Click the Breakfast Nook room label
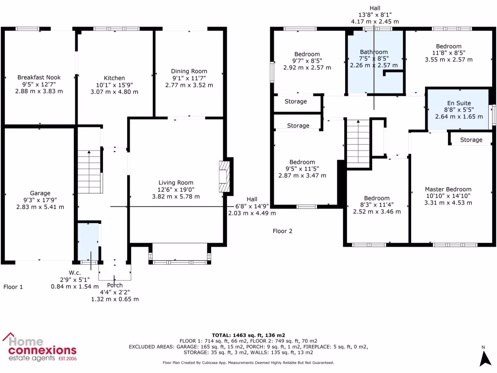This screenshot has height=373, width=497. tap(40, 78)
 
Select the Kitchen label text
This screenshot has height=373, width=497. tap(115, 78)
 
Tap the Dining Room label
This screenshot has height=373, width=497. tap(189, 71)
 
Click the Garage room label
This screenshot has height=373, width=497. tap(40, 193)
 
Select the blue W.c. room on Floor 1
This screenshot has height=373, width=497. tap(88, 241)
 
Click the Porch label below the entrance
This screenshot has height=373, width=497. tap(115, 285)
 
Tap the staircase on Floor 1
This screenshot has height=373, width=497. tap(90, 172)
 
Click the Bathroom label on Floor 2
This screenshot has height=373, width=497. tap(374, 52)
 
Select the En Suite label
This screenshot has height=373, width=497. tap(459, 103)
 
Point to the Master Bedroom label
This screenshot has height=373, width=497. tap(448, 189)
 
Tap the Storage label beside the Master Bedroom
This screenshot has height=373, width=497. tap(471, 140)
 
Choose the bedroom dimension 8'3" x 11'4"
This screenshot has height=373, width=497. tap(377, 205)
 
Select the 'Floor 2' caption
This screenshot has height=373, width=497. tap(282, 231)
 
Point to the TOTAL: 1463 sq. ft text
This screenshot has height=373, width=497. tap(248, 335)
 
